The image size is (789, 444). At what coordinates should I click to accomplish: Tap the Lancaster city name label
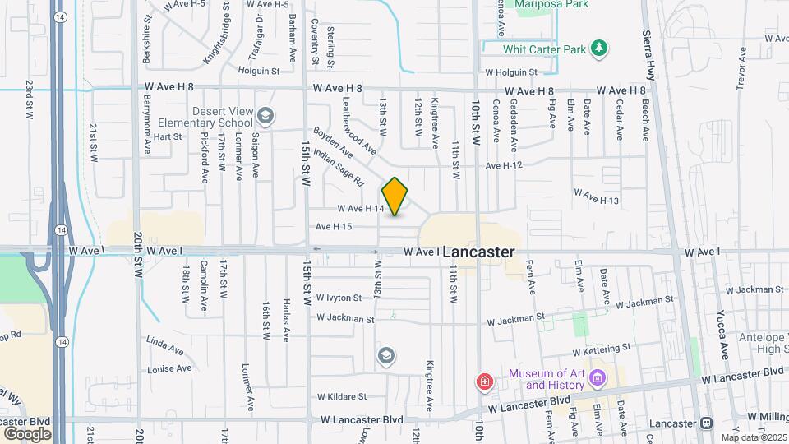coord(479,253)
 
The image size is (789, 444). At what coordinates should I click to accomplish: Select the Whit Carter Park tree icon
coord(602,49)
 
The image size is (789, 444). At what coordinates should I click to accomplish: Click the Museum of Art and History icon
coord(598,379)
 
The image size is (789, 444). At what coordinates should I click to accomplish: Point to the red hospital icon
coord(485,382)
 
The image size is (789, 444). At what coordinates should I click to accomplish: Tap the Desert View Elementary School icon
coord(265,114)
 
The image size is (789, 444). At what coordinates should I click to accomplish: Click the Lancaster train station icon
coord(706,423)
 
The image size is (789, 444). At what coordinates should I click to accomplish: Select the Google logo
coord(27,433)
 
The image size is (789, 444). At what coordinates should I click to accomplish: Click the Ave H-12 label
coord(505,166)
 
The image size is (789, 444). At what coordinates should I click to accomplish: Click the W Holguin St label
coord(510,72)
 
